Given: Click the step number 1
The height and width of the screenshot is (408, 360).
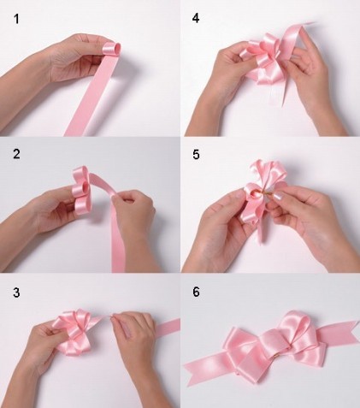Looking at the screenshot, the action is [16, 19].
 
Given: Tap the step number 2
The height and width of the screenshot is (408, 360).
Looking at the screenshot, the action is [16, 154].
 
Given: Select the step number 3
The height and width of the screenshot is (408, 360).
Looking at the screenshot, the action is [16, 293].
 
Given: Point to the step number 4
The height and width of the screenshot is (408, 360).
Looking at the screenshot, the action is [196, 18].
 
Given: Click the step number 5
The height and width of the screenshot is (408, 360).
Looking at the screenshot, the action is [196, 154].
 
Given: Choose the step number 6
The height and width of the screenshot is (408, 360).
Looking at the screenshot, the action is [196, 292].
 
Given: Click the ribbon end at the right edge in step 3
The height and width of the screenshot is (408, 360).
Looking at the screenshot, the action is [168, 328].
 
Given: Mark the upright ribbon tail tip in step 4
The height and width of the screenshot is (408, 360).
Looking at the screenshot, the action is [314, 23].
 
